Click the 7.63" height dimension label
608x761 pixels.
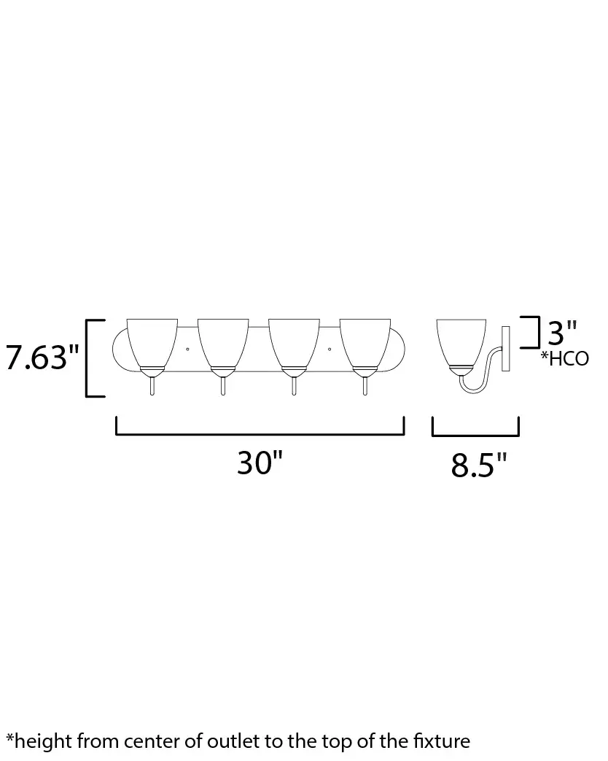coord(42,358)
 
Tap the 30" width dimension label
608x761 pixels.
coord(260,463)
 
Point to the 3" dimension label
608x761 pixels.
coord(562,333)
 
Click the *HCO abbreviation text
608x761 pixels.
coord(565,359)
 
